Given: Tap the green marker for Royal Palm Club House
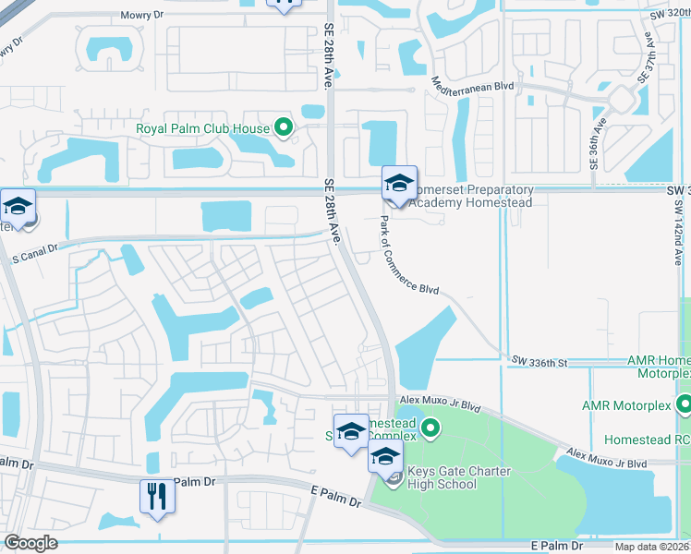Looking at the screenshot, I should point(284,128).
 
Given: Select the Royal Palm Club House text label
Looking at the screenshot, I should point(202,128).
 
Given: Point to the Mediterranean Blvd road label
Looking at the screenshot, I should point(473,82).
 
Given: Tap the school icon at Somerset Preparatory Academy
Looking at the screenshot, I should point(400,183).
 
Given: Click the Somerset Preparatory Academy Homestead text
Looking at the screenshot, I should point(472,196).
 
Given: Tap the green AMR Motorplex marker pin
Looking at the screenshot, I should point(684,404).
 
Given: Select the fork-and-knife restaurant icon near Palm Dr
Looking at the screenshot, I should point(158,497).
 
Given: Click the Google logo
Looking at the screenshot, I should point(30,543).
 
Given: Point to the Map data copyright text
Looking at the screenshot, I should point(652,547).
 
